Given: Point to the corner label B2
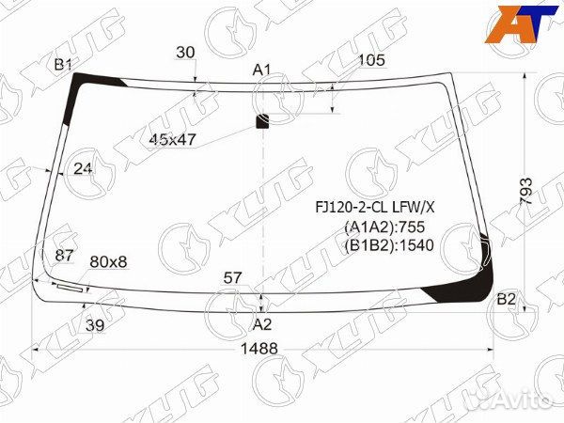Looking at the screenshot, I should (507, 299).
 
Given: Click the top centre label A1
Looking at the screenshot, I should (262, 70).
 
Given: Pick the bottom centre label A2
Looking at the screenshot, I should (262, 324).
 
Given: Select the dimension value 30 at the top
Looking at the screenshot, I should (185, 54).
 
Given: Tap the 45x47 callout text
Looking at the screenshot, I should (173, 139).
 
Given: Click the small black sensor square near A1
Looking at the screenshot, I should (262, 119).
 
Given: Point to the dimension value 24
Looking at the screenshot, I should (84, 168).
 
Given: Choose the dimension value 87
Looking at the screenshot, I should (64, 256).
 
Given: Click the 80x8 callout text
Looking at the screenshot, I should (108, 261).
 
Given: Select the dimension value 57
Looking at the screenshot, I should (232, 277).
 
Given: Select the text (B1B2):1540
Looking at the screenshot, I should (388, 245).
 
